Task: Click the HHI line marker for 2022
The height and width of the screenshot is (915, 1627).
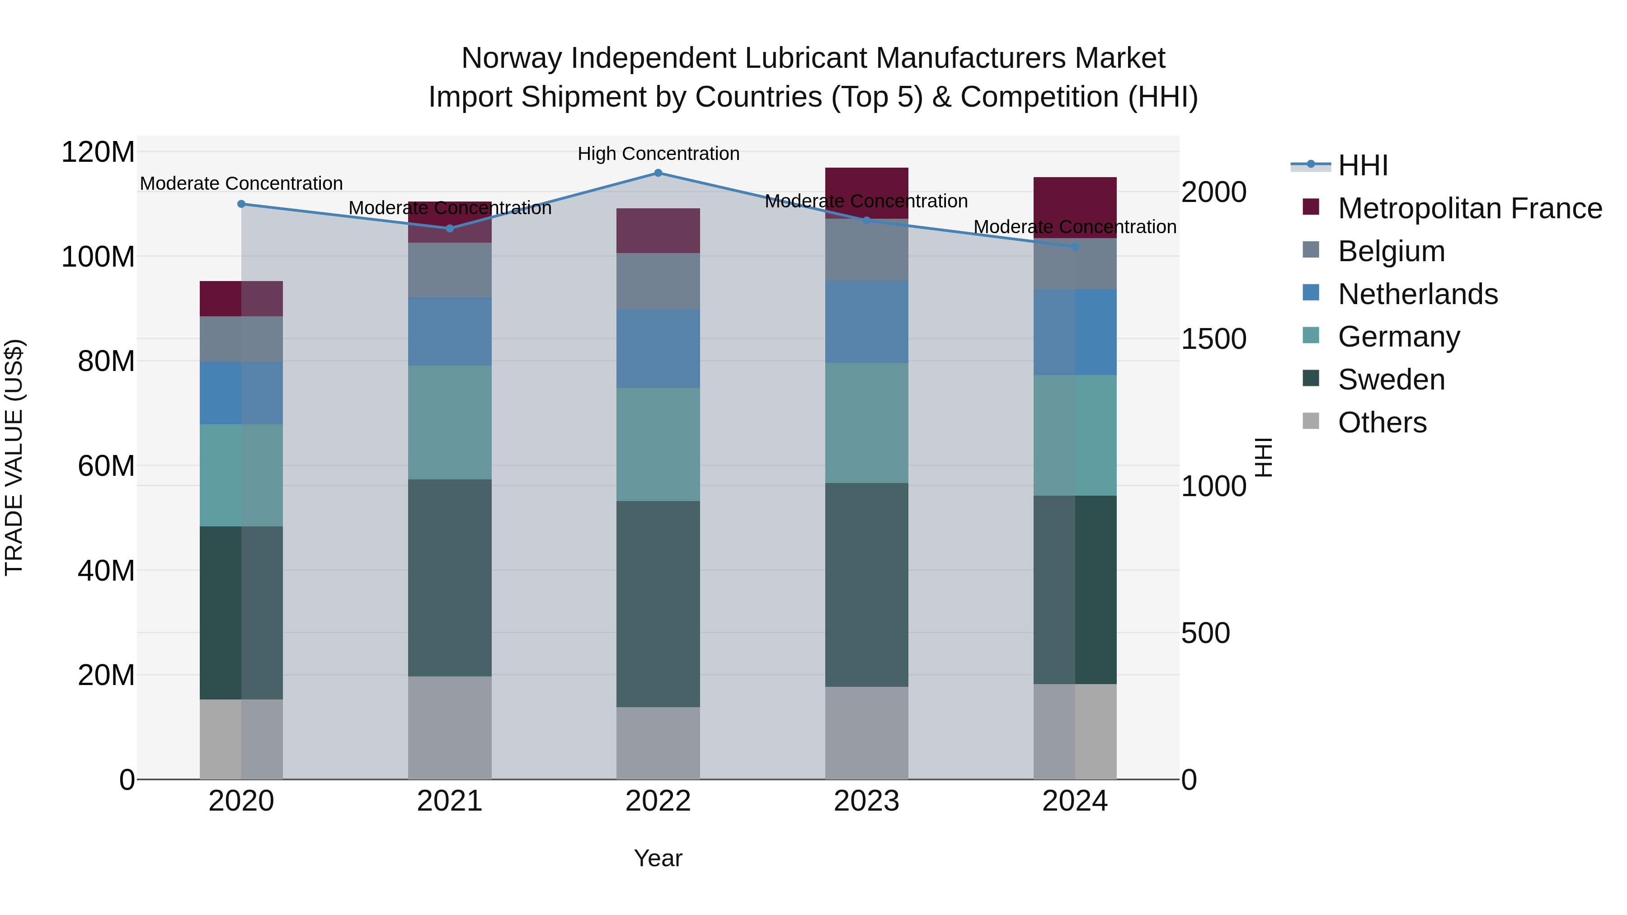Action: click(x=658, y=173)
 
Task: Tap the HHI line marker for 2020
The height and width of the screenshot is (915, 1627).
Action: click(x=241, y=204)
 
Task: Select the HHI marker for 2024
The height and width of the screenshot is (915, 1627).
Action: click(x=1075, y=247)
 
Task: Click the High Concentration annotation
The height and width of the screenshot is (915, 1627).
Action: click(x=658, y=154)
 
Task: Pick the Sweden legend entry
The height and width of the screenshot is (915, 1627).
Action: click(x=1391, y=380)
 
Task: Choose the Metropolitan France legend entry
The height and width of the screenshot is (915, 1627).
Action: click(x=1469, y=208)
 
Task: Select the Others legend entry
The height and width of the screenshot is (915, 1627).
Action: click(x=1382, y=422)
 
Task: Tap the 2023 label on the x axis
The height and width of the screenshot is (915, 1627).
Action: click(x=866, y=801)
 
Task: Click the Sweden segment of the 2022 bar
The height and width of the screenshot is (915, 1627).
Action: click(x=658, y=604)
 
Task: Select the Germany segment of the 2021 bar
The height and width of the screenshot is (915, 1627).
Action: click(x=450, y=422)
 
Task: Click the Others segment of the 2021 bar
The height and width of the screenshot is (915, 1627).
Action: click(x=450, y=727)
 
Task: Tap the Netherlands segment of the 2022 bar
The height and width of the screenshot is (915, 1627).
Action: click(x=658, y=348)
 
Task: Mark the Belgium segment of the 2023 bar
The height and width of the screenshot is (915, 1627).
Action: click(x=866, y=250)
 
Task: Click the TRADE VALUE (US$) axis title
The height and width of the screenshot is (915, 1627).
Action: click(x=14, y=457)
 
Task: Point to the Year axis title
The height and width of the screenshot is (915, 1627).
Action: click(x=658, y=858)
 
